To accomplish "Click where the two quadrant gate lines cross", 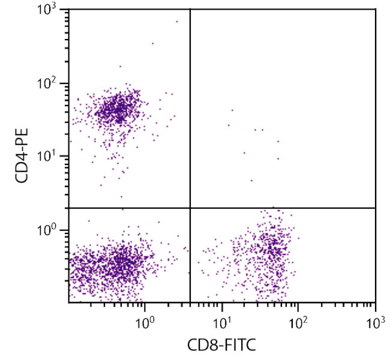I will [x=190, y=208].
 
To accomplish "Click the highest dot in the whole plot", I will [x=177, y=22].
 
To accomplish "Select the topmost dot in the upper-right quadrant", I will [x=232, y=110].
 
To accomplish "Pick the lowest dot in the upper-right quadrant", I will [x=251, y=180].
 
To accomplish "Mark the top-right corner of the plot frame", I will [x=376, y=9].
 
